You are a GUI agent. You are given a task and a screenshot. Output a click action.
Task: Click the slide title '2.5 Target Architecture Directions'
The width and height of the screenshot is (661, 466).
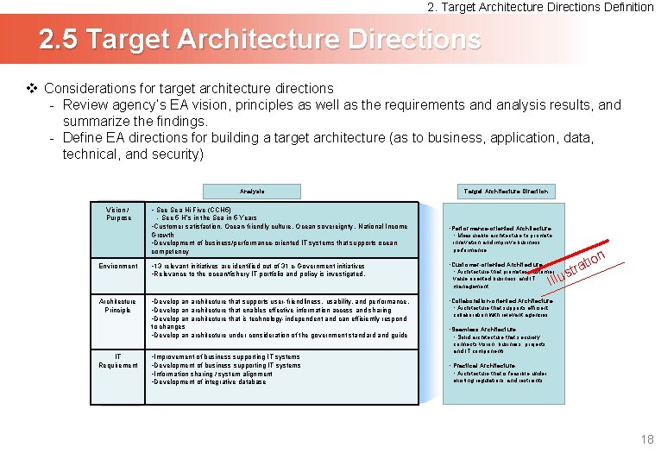pos(259,40)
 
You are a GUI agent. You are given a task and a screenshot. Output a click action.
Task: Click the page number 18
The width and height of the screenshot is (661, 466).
pos(647,440)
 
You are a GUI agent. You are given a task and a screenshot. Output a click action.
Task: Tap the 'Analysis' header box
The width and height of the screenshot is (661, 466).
pos(252,191)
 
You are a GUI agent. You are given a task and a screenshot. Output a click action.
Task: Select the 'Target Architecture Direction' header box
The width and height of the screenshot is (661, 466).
pos(505,191)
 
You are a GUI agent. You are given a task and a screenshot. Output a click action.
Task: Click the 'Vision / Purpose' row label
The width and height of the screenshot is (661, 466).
pos(117,214)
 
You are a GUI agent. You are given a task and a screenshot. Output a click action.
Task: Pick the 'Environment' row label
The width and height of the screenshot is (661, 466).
pos(117,266)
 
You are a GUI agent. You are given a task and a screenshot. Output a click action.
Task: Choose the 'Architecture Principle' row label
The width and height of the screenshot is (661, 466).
pos(117,305)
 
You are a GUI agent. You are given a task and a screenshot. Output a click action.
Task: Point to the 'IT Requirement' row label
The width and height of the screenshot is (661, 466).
pos(117,361)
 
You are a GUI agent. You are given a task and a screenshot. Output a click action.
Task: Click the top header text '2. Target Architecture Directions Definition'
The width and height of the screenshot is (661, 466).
pos(541,7)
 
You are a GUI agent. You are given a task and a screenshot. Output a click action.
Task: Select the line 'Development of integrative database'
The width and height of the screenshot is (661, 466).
pos(208,381)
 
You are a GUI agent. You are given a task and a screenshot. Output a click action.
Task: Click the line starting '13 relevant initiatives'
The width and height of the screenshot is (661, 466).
pos(257,266)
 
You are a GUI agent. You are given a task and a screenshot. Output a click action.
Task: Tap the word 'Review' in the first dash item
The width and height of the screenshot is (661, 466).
pos(85,105)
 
